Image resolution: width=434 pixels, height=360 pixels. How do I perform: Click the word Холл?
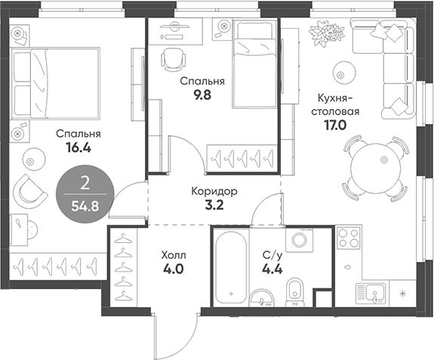point(174,254)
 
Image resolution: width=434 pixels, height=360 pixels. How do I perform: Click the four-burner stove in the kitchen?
point(349,239)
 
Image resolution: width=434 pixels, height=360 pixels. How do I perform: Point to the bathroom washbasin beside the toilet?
point(263,297)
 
